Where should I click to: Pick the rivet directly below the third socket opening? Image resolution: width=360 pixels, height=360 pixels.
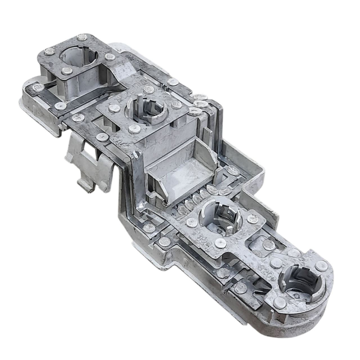220,243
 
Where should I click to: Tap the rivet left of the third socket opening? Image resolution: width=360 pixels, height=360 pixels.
191,223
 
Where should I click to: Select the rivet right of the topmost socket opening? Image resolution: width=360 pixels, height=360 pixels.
110,57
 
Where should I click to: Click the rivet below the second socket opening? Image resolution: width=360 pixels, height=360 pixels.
134,129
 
